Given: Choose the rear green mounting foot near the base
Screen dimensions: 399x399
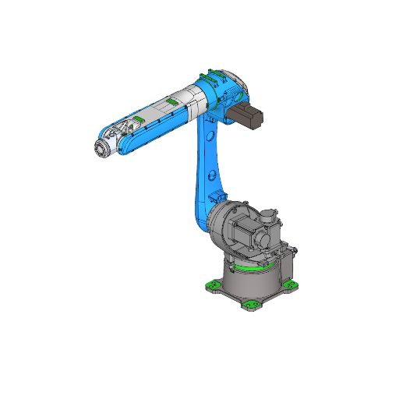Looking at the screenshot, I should [295, 249].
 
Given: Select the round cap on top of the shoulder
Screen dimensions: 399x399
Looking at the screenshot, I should [268, 212].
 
